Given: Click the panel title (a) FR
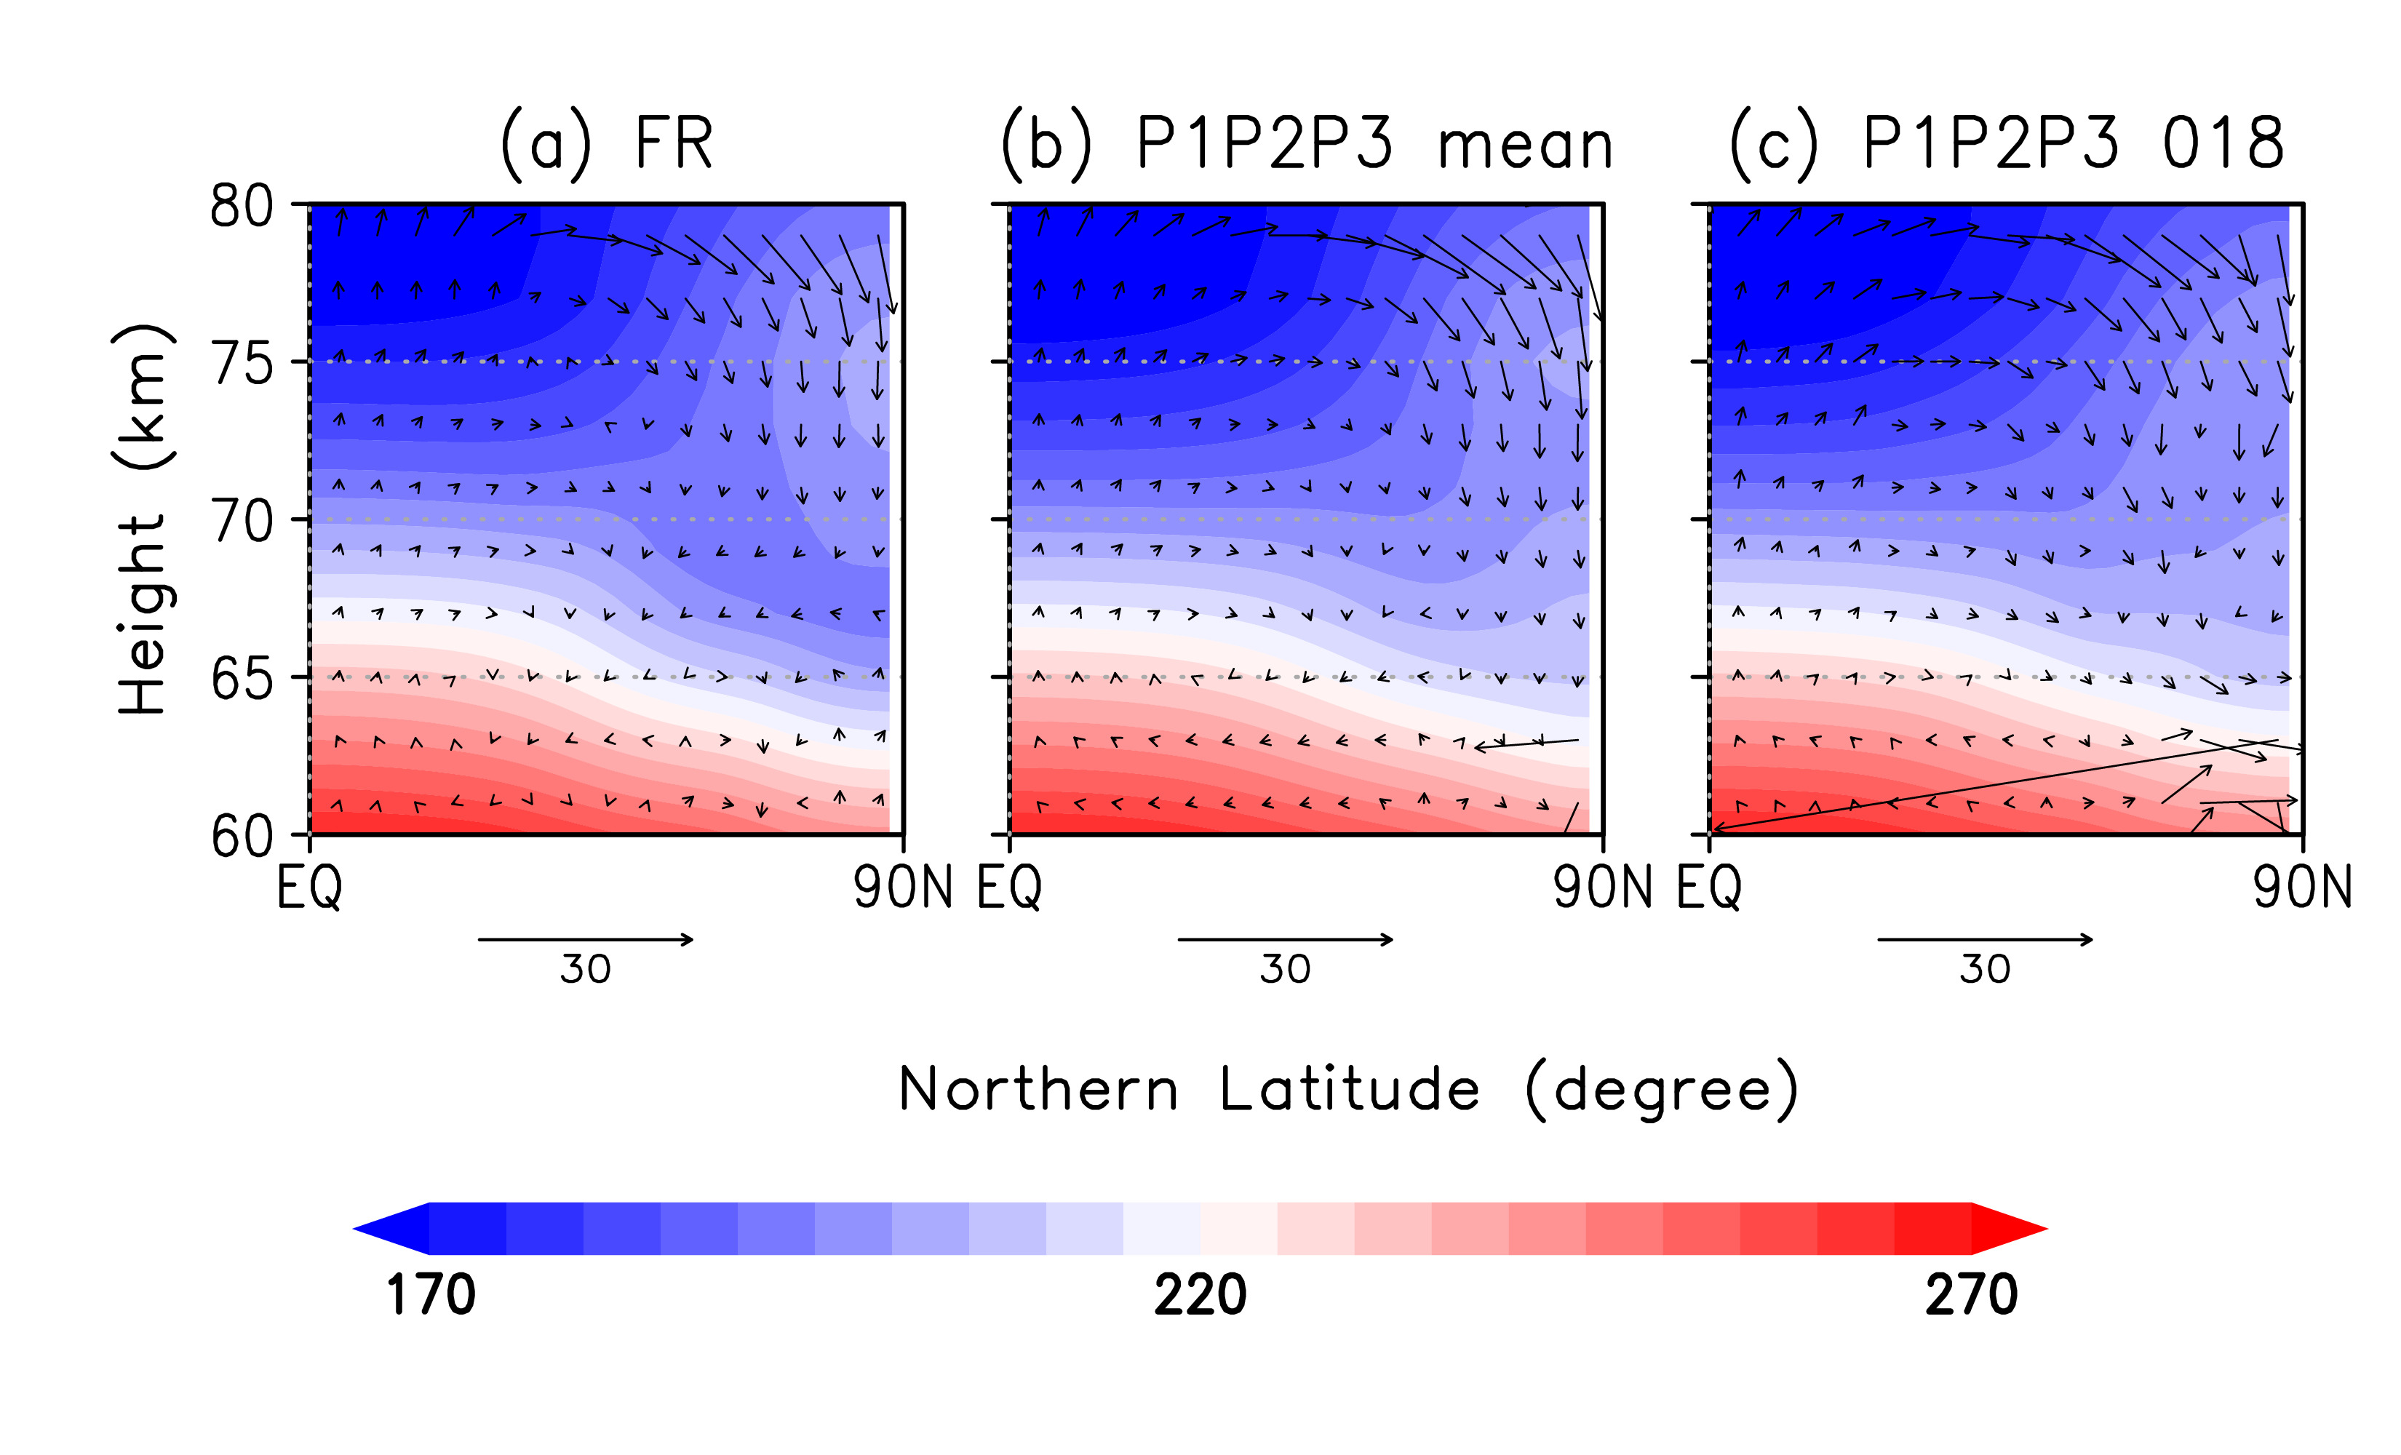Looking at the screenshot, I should (606, 144).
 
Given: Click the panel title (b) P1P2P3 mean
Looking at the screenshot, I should (1307, 144).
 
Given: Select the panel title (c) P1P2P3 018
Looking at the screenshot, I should (2005, 144).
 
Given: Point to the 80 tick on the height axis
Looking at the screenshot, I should (242, 207).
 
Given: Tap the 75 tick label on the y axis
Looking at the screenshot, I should (242, 364).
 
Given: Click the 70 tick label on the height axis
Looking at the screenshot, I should (242, 522).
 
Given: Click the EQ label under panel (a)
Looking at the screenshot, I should (309, 888).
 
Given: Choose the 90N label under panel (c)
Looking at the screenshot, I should (2301, 888).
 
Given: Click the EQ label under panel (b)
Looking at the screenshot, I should (1010, 888).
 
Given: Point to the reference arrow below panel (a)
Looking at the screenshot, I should (586, 939).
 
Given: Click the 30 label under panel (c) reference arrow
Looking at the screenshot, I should (1985, 970).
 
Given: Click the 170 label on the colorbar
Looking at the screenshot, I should (431, 1295).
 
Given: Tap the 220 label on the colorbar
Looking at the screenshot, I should (1200, 1295).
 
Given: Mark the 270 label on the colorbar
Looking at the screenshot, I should (1970, 1295).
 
